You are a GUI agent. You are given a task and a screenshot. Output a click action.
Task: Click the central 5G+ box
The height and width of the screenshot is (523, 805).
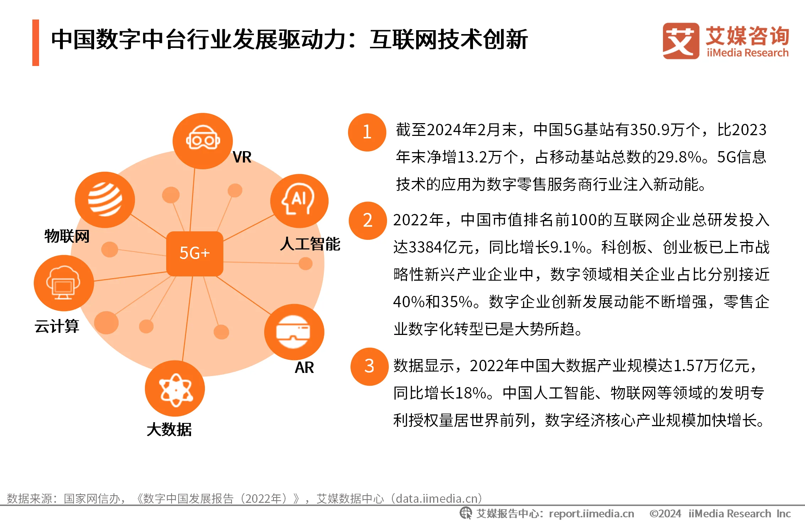[x=195, y=253]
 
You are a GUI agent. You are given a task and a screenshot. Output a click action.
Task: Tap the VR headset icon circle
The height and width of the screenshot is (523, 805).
[x=203, y=141]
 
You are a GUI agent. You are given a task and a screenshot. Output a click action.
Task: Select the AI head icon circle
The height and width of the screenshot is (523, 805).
[x=299, y=201]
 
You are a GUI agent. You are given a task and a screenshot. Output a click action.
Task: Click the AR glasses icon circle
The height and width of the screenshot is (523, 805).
[x=294, y=332]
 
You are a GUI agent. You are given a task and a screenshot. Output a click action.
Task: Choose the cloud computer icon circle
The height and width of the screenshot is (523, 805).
[x=64, y=283]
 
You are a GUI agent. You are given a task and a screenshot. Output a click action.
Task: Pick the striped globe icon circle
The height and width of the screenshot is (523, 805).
[x=105, y=200]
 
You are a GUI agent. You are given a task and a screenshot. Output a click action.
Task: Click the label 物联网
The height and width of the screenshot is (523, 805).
[x=67, y=236]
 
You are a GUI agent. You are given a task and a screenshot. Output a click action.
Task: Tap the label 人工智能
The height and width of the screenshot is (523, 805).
[x=310, y=244]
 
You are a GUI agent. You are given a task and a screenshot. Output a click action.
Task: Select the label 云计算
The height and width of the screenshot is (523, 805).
[x=57, y=326]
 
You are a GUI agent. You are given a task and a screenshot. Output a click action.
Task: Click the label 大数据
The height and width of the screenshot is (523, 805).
[x=169, y=430]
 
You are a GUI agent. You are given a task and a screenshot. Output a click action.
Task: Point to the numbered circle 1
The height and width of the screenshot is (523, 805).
[x=367, y=132]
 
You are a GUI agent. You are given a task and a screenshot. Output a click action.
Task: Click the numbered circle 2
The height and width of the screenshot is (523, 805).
[x=368, y=221]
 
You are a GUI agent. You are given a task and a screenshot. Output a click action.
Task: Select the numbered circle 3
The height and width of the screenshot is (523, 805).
[x=369, y=367]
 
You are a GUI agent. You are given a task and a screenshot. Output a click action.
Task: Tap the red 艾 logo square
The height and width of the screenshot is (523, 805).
[x=681, y=41]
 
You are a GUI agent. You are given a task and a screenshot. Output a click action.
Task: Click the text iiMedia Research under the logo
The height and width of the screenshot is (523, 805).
[x=747, y=53]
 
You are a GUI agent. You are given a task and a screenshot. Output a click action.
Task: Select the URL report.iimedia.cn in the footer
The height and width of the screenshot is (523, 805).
[x=592, y=514]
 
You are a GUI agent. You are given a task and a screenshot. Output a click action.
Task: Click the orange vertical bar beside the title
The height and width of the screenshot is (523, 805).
[x=36, y=43]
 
